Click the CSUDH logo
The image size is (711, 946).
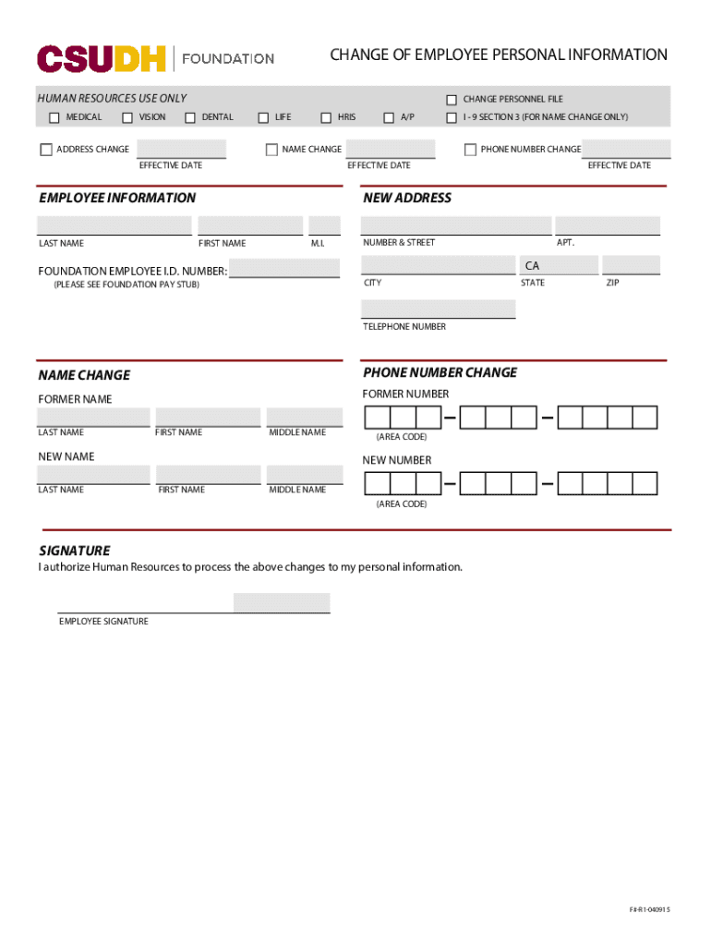(x=102, y=58)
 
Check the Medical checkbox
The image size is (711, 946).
(x=54, y=117)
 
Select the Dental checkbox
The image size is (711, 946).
(x=190, y=117)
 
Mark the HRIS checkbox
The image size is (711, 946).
(x=326, y=117)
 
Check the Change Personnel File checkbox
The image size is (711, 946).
(x=452, y=100)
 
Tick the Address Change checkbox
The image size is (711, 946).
(x=46, y=150)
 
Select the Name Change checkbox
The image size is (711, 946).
(x=271, y=150)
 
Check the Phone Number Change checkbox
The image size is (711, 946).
(x=470, y=150)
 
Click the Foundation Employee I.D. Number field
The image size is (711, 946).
(x=284, y=269)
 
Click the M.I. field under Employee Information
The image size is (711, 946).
(x=324, y=225)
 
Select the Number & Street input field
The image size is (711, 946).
(x=455, y=225)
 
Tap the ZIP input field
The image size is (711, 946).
(x=632, y=266)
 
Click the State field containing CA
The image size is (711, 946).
(x=559, y=266)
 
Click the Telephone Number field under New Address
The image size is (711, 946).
(x=438, y=309)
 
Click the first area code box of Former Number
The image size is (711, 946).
(x=378, y=418)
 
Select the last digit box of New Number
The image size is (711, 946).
(x=645, y=483)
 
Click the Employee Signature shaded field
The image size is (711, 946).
(x=282, y=603)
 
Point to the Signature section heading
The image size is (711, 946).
(x=74, y=550)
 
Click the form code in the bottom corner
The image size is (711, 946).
(x=650, y=910)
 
